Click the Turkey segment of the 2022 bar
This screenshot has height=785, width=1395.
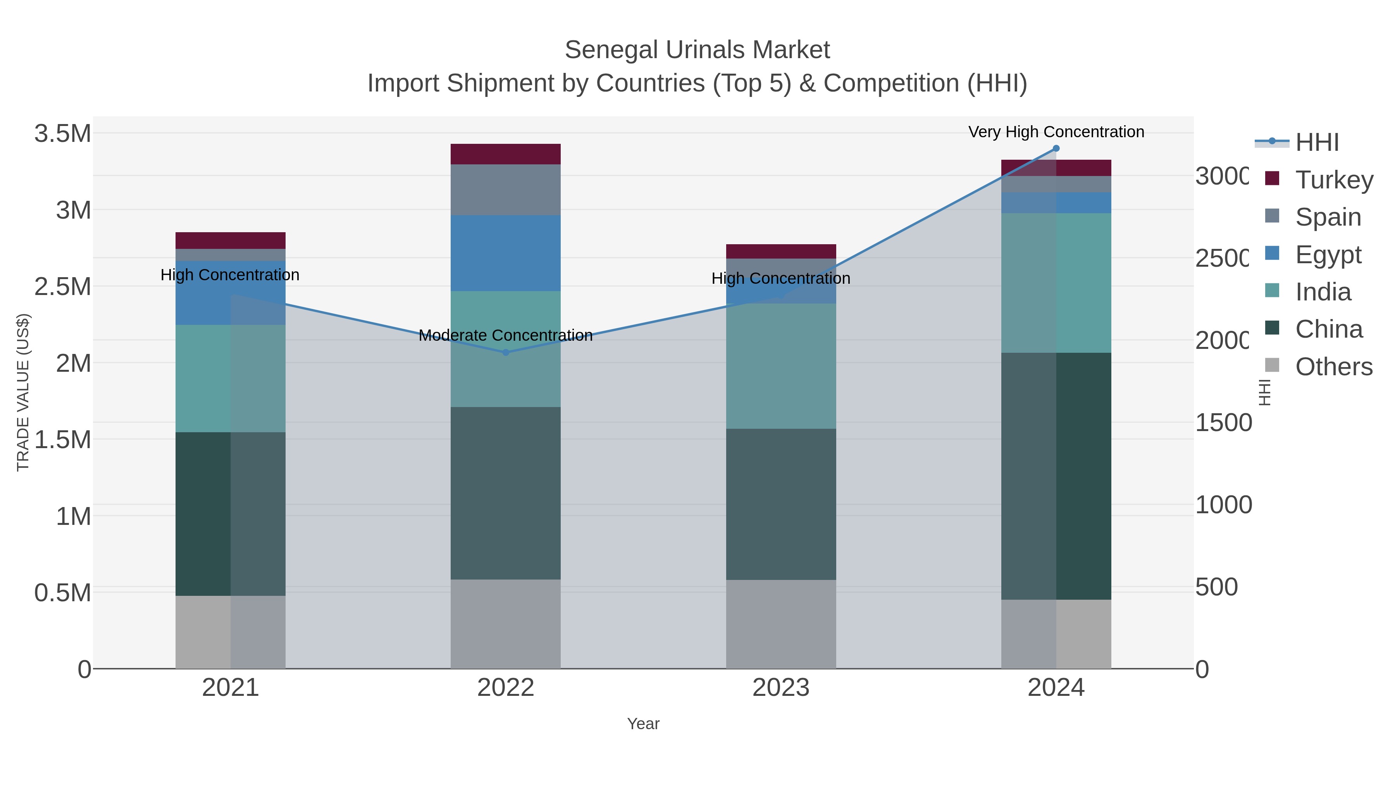(x=505, y=154)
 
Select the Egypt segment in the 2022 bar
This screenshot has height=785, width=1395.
(x=505, y=253)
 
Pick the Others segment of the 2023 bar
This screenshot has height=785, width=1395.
(x=780, y=624)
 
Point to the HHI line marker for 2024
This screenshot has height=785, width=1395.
(x=1056, y=148)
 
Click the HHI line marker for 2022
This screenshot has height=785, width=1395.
(x=506, y=352)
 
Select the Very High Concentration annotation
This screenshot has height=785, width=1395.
(x=1056, y=132)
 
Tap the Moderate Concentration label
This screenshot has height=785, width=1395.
(x=505, y=335)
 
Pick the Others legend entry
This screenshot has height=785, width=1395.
(x=1333, y=367)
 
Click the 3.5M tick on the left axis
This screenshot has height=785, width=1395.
(x=63, y=134)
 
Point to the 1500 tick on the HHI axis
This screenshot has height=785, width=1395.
(x=1223, y=423)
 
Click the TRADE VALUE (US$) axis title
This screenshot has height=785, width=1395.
(x=23, y=392)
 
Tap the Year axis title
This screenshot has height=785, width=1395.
(x=643, y=724)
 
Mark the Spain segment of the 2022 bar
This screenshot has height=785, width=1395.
(x=505, y=190)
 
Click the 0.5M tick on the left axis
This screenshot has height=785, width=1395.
(x=63, y=593)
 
